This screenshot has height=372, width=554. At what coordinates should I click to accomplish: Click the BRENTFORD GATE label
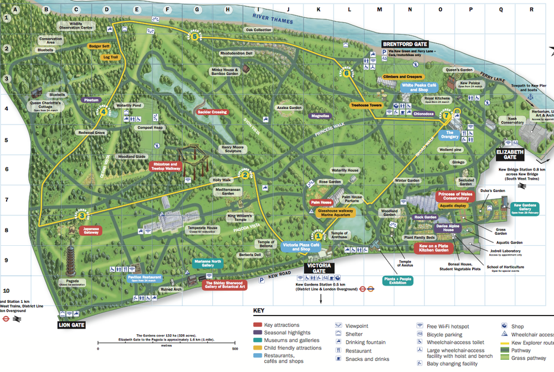coord(405,43)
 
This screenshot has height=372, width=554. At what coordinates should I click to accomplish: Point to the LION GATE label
coord(71,325)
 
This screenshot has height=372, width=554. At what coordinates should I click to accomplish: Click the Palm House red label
coord(321,203)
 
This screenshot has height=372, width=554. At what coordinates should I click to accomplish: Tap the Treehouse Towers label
coord(366,105)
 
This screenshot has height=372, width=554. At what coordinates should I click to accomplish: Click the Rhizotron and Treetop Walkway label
coord(165,167)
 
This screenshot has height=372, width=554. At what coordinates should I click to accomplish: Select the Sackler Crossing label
coord(212,112)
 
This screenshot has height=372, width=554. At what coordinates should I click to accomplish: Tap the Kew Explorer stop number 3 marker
coord(81,216)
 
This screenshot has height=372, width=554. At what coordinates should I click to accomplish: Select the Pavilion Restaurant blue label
coord(144,278)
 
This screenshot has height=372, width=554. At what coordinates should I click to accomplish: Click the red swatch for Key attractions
coord(257,325)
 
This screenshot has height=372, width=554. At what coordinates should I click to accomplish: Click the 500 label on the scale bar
coord(235,349)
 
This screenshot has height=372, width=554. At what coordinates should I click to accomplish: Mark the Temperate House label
coord(203,229)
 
